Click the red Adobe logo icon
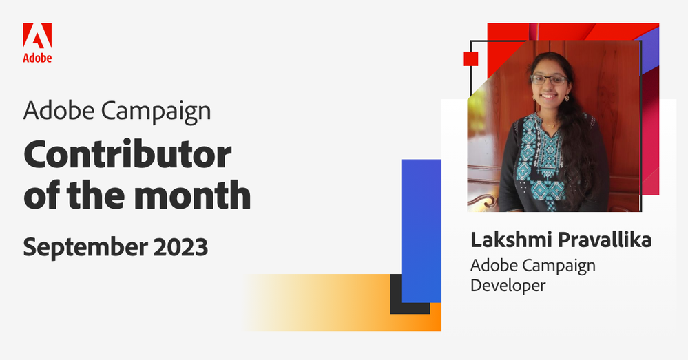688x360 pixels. (x=37, y=36)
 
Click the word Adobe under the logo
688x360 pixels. (x=37, y=58)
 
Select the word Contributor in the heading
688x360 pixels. (x=127, y=155)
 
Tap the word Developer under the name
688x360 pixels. (x=508, y=284)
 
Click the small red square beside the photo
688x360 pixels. (x=471, y=58)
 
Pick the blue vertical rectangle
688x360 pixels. (x=421, y=227)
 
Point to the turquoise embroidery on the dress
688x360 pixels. (x=543, y=148)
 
